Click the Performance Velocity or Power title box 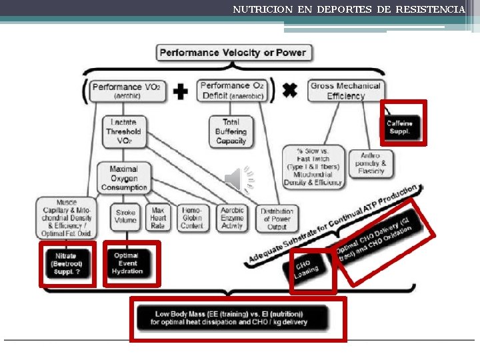pyautogui.click(x=232, y=52)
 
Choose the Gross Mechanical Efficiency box pyautogui.click(x=345, y=91)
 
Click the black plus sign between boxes pyautogui.click(x=181, y=91)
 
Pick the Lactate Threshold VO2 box pyautogui.click(x=124, y=131)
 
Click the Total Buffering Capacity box pyautogui.click(x=231, y=131)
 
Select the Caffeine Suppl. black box pyautogui.click(x=400, y=127)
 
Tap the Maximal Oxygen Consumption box pyautogui.click(x=124, y=178)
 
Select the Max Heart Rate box pyautogui.click(x=158, y=217)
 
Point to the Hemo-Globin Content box pyautogui.click(x=192, y=217)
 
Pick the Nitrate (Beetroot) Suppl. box pyautogui.click(x=67, y=263)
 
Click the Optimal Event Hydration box pyautogui.click(x=131, y=263)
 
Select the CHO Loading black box pyautogui.click(x=311, y=270)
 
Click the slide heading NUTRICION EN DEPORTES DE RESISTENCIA pyautogui.click(x=349, y=9)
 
